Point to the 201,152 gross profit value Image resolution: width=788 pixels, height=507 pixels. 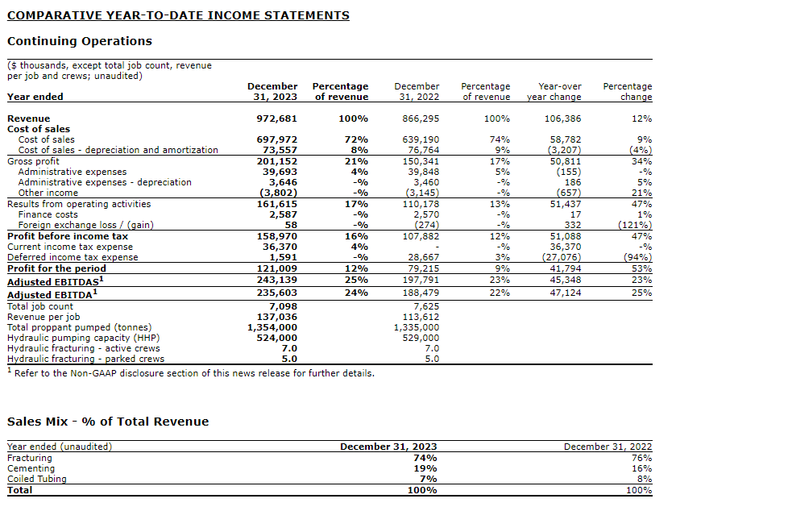click(276, 161)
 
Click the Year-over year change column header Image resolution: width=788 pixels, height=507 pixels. click(554, 91)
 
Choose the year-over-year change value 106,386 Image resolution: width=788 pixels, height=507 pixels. click(562, 118)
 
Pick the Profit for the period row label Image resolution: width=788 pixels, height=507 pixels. click(56, 268)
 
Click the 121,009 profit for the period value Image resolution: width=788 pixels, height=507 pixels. click(276, 268)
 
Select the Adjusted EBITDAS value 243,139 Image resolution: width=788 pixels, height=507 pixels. click(276, 280)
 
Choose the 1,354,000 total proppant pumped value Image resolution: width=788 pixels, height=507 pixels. click(272, 327)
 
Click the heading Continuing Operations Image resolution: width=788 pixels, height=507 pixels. click(79, 41)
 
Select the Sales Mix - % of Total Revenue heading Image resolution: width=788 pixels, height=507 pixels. click(108, 422)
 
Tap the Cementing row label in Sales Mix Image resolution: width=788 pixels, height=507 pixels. click(31, 468)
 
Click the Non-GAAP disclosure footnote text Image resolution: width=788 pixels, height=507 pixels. click(193, 373)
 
